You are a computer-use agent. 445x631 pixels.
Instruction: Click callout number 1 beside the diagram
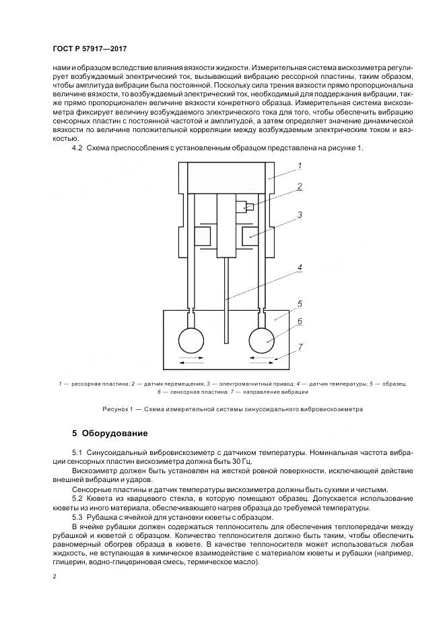[x=300, y=165]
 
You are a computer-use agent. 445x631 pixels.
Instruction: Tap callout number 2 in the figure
[x=300, y=187]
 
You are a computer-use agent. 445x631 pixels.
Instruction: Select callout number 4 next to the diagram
[x=300, y=267]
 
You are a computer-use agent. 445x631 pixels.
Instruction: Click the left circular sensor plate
[x=193, y=341]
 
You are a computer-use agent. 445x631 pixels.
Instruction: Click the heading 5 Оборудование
[x=109, y=432]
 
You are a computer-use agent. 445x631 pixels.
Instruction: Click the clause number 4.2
[x=77, y=148]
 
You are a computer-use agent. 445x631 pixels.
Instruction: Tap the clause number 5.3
[x=77, y=516]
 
